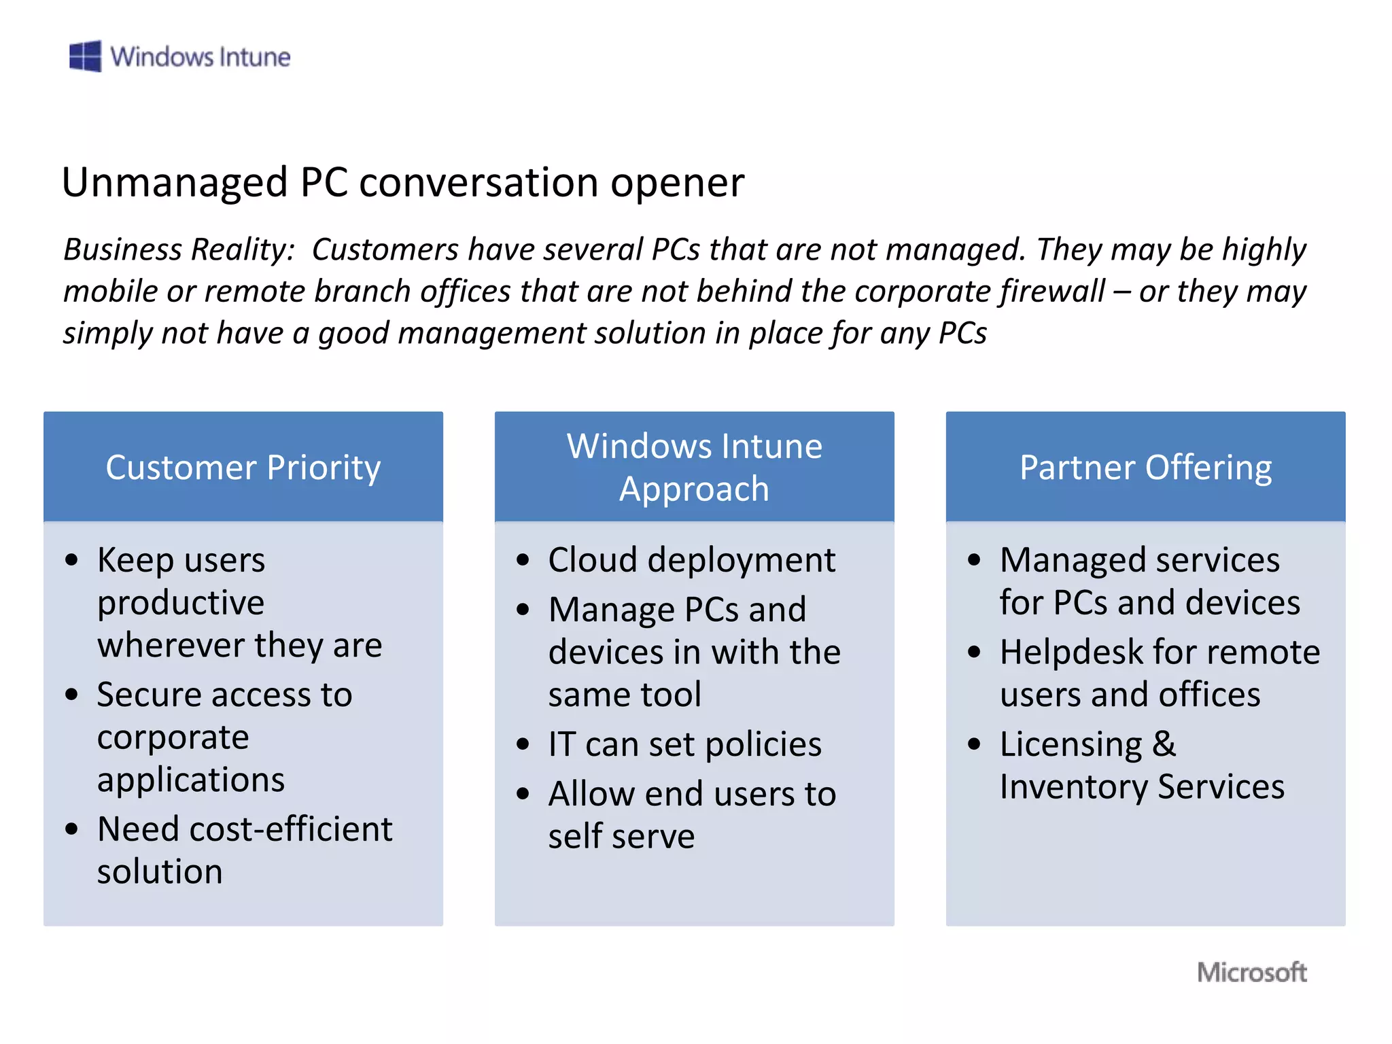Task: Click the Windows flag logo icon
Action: [86, 56]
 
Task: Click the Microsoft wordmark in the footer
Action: [1251, 972]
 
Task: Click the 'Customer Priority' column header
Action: [243, 467]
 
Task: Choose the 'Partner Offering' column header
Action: [1145, 467]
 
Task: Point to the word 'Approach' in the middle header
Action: [694, 489]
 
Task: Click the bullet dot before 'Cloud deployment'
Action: [523, 561]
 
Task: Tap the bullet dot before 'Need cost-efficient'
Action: [72, 829]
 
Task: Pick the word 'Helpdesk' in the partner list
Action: [1071, 652]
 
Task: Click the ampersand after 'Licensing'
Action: [1164, 744]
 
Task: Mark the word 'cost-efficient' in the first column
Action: [291, 829]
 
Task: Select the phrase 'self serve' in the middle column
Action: [621, 836]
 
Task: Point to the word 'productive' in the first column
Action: [181, 604]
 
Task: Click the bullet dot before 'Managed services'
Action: [974, 561]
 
